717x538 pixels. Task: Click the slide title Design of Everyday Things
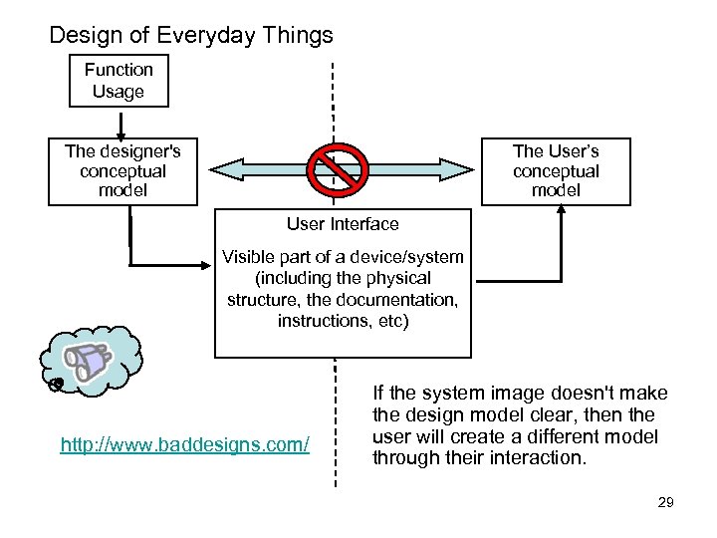[191, 36]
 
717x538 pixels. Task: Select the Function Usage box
[119, 81]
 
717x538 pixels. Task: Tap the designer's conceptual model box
[122, 170]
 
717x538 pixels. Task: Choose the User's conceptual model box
[556, 170]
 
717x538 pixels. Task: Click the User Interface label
[342, 224]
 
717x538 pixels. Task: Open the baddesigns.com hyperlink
[185, 442]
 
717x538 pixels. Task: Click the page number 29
[666, 502]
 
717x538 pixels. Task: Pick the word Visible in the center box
[247, 256]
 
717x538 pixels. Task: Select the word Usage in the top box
[119, 92]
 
